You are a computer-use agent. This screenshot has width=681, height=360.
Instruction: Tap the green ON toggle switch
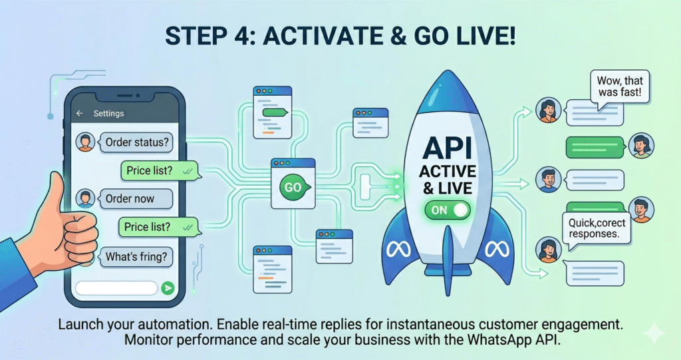coord(448,210)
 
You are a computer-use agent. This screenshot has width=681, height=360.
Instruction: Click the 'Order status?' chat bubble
coord(135,142)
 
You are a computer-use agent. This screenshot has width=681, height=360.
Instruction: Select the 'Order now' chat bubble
coord(135,199)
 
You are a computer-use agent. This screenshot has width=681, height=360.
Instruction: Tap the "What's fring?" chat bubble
coord(135,257)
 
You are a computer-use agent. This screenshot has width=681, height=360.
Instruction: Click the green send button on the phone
coord(168,288)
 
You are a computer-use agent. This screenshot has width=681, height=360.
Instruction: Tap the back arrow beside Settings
coord(80,114)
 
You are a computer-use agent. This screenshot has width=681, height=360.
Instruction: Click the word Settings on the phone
coord(108,114)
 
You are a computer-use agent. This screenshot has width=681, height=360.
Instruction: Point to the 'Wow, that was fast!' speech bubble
coord(619,87)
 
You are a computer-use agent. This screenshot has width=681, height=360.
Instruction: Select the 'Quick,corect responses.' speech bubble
coord(597,229)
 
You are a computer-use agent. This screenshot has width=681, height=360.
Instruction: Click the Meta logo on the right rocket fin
coord(497,249)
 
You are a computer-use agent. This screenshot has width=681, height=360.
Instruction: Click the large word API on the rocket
coord(448,148)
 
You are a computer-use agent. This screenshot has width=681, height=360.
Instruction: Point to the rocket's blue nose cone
coord(448,93)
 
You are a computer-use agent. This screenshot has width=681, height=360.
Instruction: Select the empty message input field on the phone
coord(116,288)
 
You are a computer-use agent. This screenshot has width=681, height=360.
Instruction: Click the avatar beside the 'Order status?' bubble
coord(86,142)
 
